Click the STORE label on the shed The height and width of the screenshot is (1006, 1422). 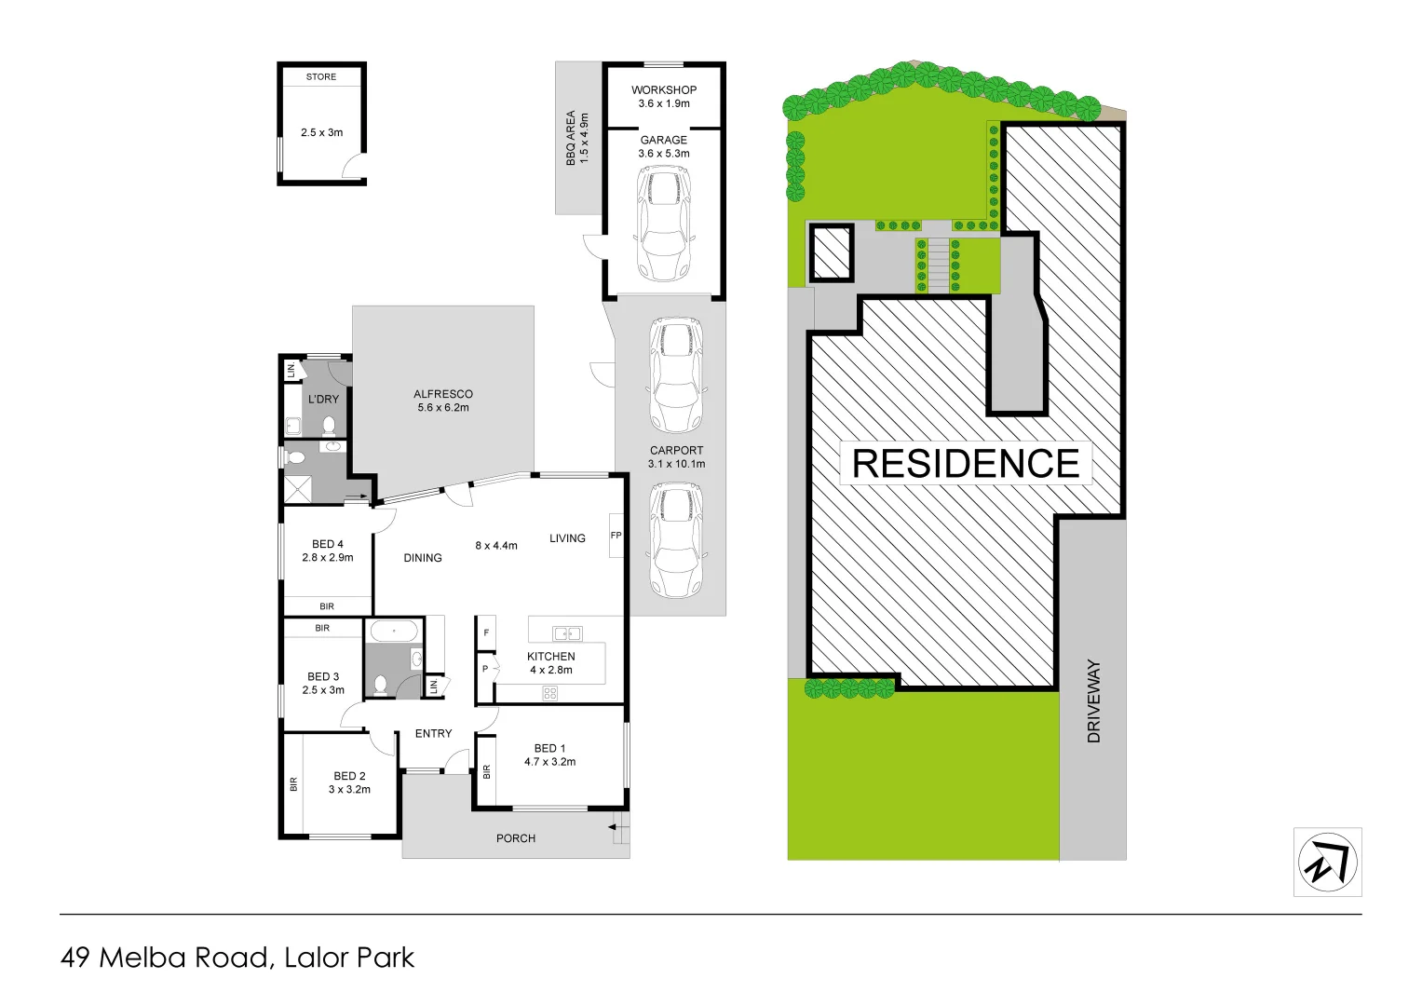(321, 76)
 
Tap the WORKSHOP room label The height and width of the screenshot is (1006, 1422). (664, 90)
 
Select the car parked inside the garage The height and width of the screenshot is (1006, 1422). (663, 224)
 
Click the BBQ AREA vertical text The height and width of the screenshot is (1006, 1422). (577, 139)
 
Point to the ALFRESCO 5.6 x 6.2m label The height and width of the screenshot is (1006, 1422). (443, 401)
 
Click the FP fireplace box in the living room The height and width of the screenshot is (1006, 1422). (616, 536)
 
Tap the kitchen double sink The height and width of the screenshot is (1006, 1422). (567, 633)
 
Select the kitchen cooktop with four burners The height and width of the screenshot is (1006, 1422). (550, 693)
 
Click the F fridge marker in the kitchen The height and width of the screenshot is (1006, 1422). (485, 633)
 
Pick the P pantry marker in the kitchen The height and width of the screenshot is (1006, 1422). (485, 669)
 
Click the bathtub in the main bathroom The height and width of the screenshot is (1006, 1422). (394, 632)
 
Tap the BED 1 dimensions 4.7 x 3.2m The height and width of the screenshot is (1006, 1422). (549, 762)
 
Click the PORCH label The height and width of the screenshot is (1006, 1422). (516, 838)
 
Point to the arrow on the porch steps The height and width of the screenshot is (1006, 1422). (613, 825)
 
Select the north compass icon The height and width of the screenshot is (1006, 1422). (1327, 863)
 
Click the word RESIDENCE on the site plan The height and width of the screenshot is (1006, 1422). (966, 464)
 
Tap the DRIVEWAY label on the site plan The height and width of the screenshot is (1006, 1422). (1093, 701)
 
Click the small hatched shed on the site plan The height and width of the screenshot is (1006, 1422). (830, 252)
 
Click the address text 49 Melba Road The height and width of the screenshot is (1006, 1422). (167, 958)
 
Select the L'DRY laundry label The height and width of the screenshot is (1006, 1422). (323, 399)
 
